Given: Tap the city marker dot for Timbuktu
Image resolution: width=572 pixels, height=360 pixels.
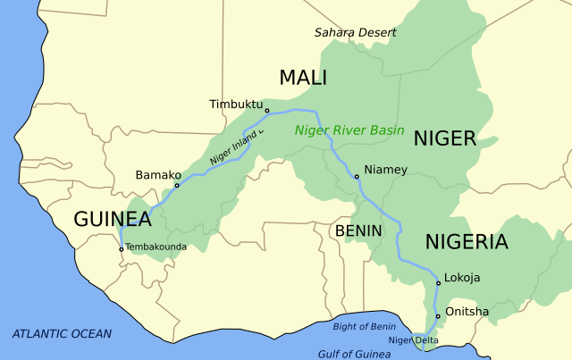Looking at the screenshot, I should pyautogui.click(x=267, y=112).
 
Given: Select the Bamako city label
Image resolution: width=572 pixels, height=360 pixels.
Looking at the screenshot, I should pyautogui.click(x=158, y=175).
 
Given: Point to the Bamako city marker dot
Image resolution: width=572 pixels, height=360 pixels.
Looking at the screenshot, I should pyautogui.click(x=177, y=186).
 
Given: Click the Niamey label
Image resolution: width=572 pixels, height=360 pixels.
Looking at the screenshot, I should pyautogui.click(x=386, y=170).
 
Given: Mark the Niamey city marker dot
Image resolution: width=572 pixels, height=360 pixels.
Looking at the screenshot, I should pyautogui.click(x=357, y=177).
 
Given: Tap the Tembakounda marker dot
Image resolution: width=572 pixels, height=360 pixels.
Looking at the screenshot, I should pyautogui.click(x=122, y=249).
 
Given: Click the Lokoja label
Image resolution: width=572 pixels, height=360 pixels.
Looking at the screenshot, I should pyautogui.click(x=462, y=278).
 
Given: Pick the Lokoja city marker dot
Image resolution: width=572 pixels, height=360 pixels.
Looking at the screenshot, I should pyautogui.click(x=438, y=283).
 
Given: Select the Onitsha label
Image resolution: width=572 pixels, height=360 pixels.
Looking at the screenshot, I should pyautogui.click(x=467, y=312).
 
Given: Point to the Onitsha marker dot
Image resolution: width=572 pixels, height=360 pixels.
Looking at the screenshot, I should pyautogui.click(x=438, y=316).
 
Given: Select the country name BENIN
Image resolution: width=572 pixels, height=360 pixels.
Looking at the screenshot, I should pyautogui.click(x=358, y=230).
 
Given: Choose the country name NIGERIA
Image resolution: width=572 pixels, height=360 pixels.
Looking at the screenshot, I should pyautogui.click(x=466, y=241).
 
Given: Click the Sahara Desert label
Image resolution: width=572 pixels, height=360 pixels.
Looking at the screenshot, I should pyautogui.click(x=355, y=32).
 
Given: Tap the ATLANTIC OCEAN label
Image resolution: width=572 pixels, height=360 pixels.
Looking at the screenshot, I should pyautogui.click(x=62, y=334).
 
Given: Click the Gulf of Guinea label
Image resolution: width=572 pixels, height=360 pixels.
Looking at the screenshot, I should pyautogui.click(x=355, y=354).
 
